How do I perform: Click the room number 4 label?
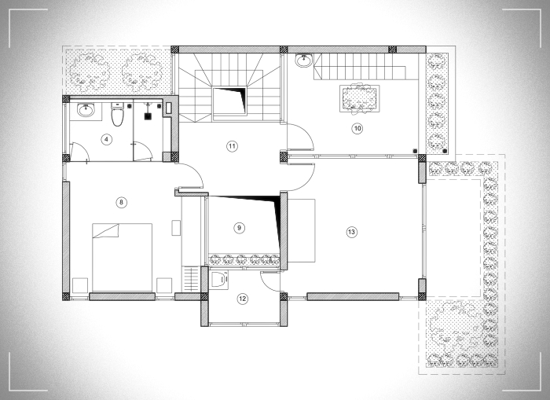[106, 140]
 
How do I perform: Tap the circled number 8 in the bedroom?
[121, 203]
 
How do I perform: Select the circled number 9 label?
[239, 228]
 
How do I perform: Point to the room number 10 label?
[357, 128]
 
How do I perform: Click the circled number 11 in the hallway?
[232, 146]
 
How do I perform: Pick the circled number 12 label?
[242, 299]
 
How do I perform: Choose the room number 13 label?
[351, 232]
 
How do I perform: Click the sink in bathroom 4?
[86, 110]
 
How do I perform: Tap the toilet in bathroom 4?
[118, 114]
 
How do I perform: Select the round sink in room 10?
[303, 61]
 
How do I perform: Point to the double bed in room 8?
[122, 257]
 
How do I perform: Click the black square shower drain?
[148, 116]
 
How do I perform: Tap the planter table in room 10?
[360, 98]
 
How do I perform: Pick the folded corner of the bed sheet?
[106, 231]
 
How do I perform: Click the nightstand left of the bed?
[80, 285]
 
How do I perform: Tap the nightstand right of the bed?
[164, 285]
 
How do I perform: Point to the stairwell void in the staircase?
[229, 101]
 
